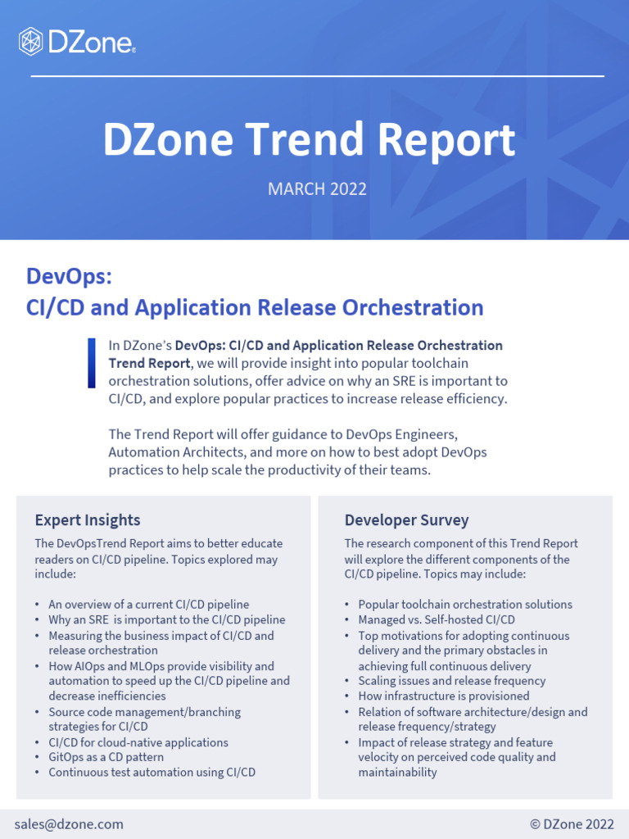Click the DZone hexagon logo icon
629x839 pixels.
pos(31,40)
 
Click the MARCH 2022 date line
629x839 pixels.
pos(317,189)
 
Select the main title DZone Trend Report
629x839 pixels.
pos(309,140)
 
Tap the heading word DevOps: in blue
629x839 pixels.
pos(69,277)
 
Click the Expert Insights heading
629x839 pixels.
pos(88,520)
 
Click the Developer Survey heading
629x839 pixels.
pos(406,520)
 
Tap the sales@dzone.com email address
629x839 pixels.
pos(69,824)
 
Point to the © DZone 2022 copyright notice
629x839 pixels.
pos(572,824)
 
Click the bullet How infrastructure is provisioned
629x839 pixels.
pos(443,696)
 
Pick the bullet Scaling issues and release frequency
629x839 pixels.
pos(451,681)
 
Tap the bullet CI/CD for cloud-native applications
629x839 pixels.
pos(138,742)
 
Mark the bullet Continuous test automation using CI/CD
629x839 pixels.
pos(152,772)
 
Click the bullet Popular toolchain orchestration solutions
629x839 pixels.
pos(464,605)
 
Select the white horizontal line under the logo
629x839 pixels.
pos(317,76)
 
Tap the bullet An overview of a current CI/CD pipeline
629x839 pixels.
pos(148,605)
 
